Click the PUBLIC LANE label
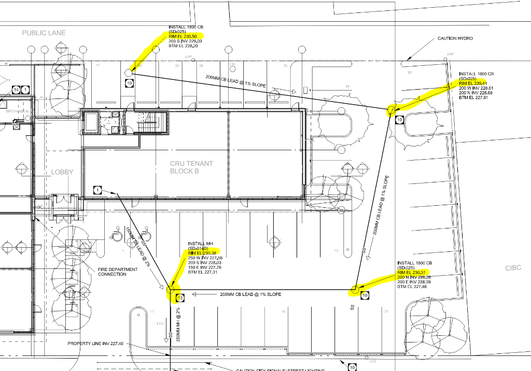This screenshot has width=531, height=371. [44, 33]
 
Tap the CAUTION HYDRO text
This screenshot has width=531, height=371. [455, 38]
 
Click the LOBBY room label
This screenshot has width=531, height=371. [62, 172]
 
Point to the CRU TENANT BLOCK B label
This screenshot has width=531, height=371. [191, 167]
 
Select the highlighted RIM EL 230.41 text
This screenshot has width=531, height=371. [473, 83]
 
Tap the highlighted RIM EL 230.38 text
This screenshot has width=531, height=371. [202, 253]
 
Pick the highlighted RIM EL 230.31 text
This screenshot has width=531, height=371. [411, 273]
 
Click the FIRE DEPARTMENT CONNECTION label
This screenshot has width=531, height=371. [118, 272]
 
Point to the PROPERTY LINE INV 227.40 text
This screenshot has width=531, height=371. [95, 344]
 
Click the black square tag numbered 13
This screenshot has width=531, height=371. [180, 298]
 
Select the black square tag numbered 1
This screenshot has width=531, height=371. [98, 190]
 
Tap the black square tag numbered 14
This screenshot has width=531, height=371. [16, 90]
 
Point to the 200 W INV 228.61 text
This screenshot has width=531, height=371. [476, 88]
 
